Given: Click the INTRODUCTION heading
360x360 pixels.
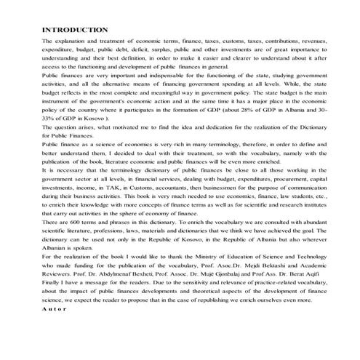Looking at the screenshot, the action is click(x=76, y=30).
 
